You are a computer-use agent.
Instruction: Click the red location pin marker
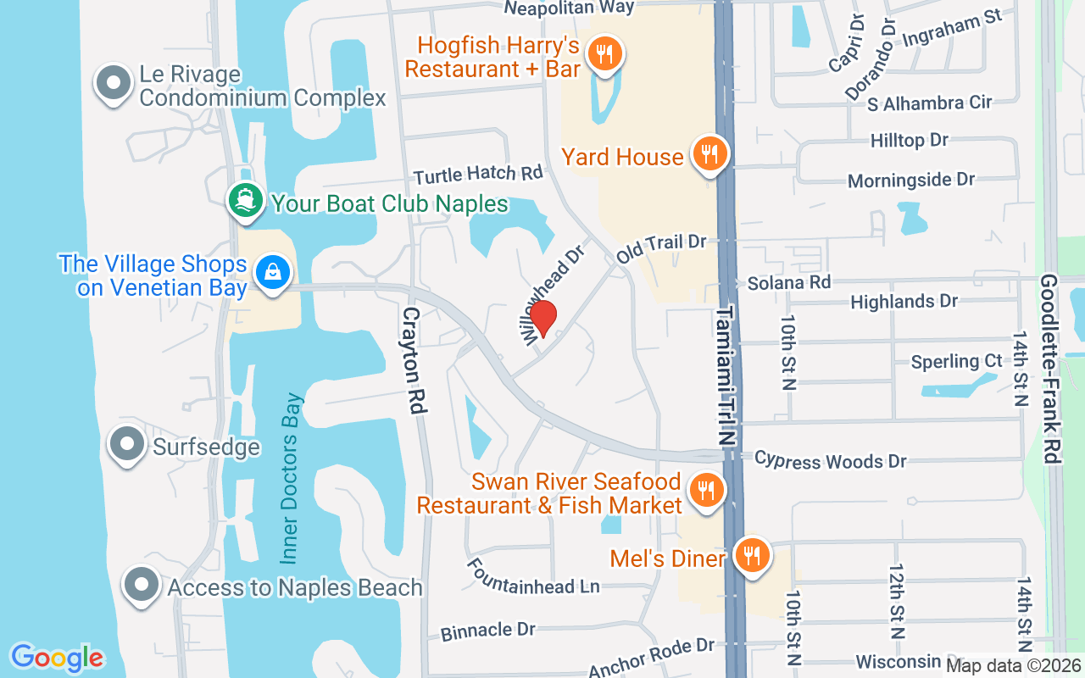tap(542, 319)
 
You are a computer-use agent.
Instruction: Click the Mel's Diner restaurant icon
tap(751, 556)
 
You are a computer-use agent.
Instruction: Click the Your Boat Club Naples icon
tap(245, 202)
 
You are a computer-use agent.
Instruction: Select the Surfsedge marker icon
tap(128, 444)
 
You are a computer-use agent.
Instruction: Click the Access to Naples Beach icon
tap(141, 586)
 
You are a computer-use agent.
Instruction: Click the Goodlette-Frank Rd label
tap(1050, 368)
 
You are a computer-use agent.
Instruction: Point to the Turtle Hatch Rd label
tap(478, 175)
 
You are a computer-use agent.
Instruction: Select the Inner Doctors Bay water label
tap(291, 479)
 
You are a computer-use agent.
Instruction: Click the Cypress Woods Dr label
tap(830, 460)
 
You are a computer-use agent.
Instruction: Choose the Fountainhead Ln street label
tap(532, 576)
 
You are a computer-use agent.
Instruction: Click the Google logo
tap(57, 658)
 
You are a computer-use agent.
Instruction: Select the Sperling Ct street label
tap(956, 362)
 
